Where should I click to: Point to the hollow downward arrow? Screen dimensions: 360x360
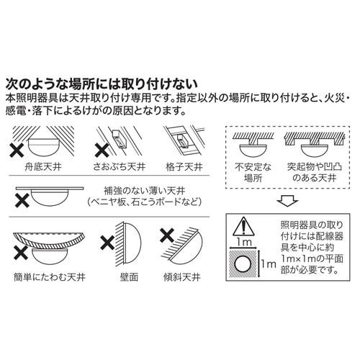(x=286, y=199)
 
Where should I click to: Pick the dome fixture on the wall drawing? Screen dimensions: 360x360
(x=130, y=244)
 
